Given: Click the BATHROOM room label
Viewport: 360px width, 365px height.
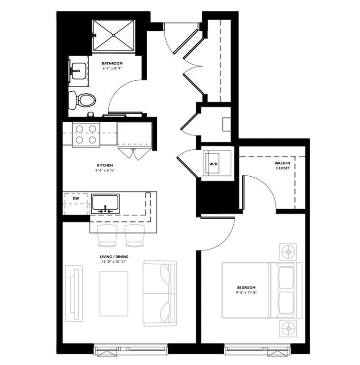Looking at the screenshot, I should pos(113,63).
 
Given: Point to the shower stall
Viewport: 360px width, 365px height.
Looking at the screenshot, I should pos(114,35).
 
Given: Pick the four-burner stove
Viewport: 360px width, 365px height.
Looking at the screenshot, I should pos(85,134).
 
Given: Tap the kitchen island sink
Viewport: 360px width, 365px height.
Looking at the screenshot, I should pos(105,203).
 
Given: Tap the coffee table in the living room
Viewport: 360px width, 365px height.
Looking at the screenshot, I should pos(114,293).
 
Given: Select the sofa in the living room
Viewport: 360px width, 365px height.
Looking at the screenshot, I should pos(160,293).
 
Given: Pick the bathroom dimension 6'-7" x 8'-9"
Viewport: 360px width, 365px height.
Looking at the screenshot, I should pos(113,69).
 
